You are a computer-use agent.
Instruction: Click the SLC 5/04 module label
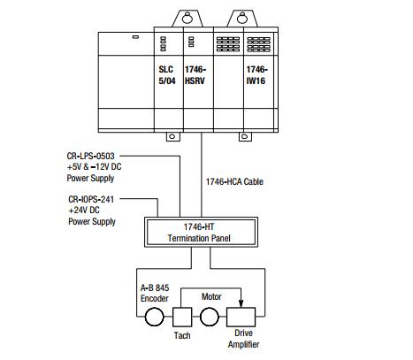click(167, 75)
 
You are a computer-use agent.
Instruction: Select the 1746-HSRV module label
click(195, 75)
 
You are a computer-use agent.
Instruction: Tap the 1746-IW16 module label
click(257, 75)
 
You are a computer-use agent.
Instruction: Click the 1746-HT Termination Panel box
click(201, 232)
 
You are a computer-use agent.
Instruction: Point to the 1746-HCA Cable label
click(234, 181)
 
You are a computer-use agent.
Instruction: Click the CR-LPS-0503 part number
click(90, 156)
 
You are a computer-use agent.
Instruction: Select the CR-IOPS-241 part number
click(91, 199)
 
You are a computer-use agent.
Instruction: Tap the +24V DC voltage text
click(84, 211)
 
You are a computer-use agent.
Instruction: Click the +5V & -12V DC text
click(94, 167)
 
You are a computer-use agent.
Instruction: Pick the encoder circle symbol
click(154, 317)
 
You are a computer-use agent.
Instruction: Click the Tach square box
click(182, 317)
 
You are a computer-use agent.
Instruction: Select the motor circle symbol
click(210, 317)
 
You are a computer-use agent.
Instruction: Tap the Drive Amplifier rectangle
click(241, 317)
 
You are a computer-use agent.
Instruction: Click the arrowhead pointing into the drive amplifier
click(241, 303)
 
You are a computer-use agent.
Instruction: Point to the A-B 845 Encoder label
click(155, 293)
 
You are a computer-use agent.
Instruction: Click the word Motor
click(211, 296)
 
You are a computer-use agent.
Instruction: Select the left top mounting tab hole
click(187, 19)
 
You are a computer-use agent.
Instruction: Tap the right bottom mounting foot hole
click(244, 136)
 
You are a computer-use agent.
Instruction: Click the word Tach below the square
click(182, 335)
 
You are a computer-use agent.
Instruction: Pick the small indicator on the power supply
click(135, 37)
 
